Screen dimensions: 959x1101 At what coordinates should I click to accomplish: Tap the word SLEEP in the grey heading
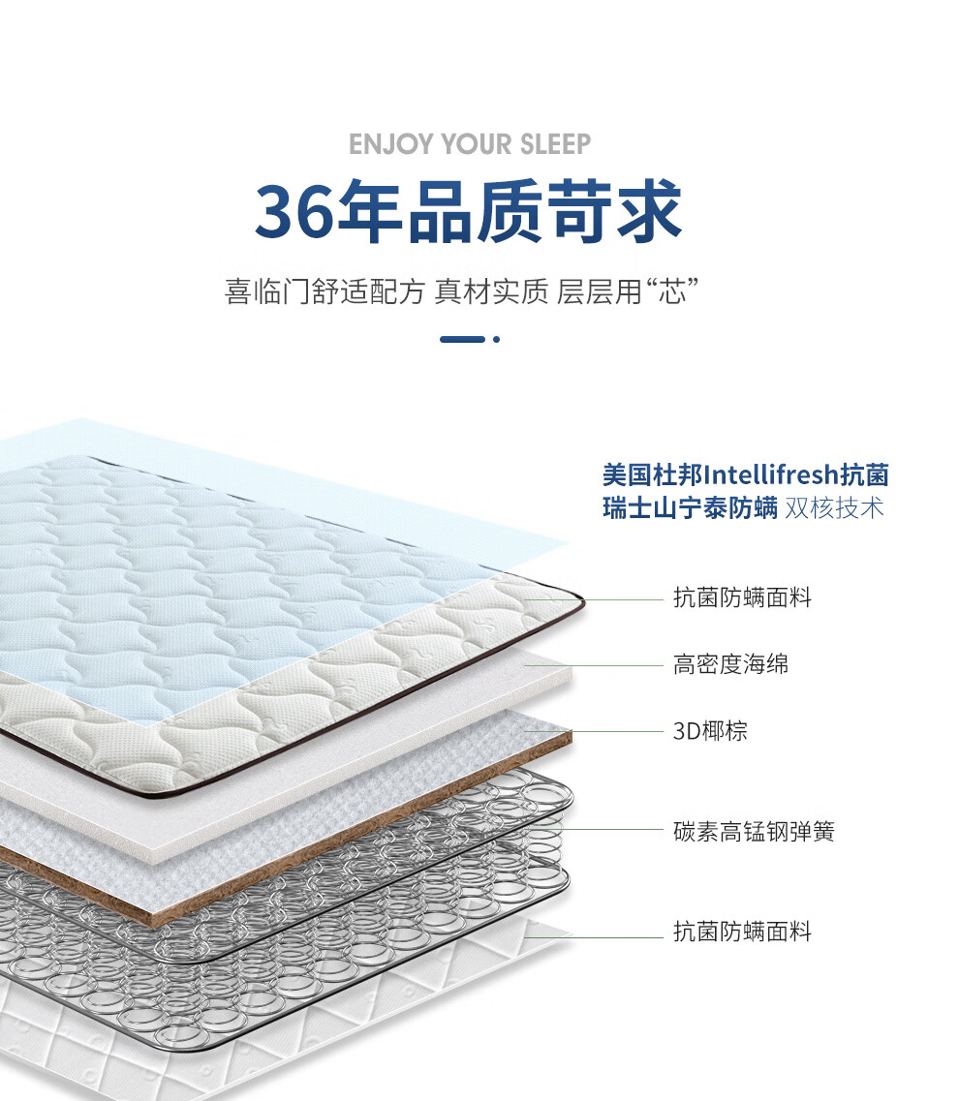pos(554,145)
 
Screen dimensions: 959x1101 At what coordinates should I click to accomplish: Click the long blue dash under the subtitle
pos(462,339)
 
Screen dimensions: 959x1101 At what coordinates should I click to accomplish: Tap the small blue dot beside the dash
pos(496,339)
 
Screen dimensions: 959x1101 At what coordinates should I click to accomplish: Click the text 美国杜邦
pos(651,475)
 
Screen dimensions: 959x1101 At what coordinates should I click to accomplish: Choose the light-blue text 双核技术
pos(835,508)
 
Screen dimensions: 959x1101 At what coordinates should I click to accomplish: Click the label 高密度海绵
pos(730,664)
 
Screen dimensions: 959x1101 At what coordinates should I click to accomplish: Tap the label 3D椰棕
pos(710,730)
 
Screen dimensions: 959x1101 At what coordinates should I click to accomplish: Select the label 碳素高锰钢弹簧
pos(754,831)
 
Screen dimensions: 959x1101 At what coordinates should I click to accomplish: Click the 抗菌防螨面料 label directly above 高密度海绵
pos(742,597)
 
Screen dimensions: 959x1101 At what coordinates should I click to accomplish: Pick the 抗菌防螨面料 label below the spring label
pos(742,932)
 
